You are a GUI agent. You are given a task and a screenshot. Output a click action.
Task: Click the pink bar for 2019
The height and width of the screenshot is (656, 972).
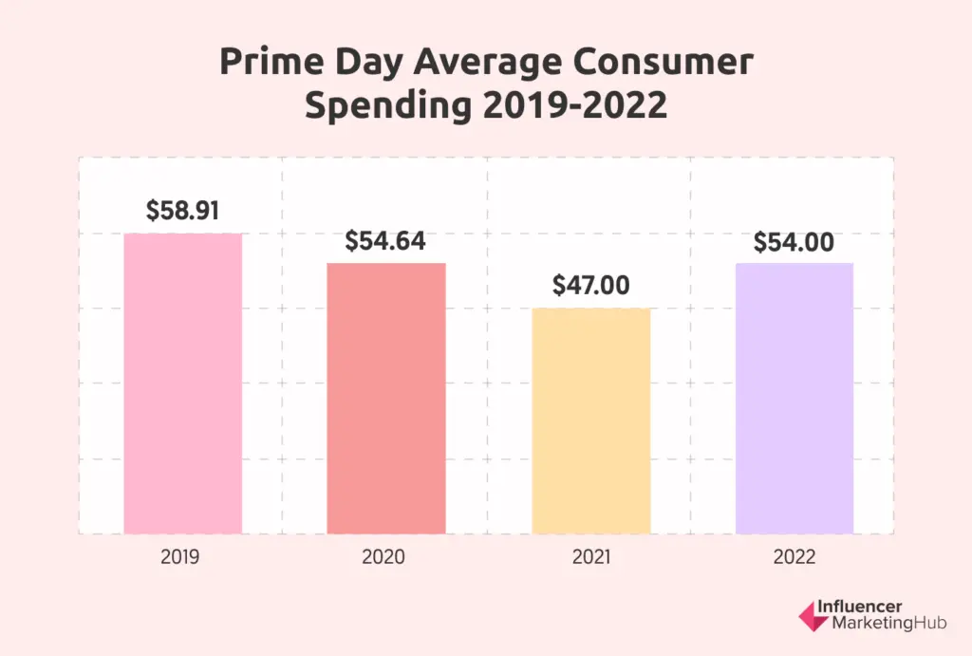click(x=183, y=384)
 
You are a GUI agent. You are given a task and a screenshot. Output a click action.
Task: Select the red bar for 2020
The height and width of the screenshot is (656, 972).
click(x=386, y=399)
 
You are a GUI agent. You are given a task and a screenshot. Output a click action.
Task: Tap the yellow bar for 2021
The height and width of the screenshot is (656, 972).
click(x=590, y=422)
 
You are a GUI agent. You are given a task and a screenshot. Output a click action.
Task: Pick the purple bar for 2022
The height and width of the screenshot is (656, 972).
click(x=794, y=399)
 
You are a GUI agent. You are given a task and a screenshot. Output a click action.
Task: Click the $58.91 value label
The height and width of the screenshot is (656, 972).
click(x=183, y=211)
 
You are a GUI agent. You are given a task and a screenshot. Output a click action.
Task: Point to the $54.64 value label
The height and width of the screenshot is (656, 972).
click(x=385, y=241)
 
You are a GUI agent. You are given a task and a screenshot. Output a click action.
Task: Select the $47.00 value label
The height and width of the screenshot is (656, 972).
click(x=589, y=285)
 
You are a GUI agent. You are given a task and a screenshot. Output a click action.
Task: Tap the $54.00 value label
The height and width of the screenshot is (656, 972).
click(x=794, y=242)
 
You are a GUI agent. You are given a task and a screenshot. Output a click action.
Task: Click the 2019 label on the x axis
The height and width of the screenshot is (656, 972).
click(x=180, y=557)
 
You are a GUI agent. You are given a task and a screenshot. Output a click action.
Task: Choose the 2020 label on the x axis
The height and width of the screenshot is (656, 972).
click(x=383, y=557)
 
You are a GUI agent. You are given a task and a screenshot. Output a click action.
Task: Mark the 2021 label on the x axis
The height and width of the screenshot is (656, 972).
click(x=589, y=557)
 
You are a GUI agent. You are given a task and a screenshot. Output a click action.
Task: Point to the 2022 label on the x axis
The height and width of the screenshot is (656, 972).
click(x=794, y=557)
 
